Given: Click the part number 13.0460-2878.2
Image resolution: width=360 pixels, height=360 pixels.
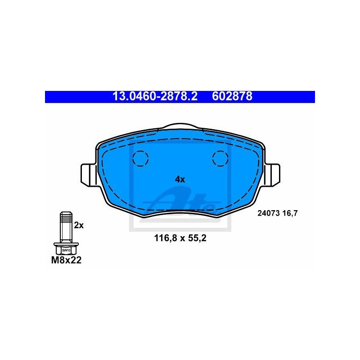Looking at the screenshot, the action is pos(155,97).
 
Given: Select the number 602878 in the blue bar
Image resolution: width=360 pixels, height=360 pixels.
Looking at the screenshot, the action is pos(232,97).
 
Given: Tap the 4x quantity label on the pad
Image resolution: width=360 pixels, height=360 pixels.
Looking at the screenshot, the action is pos(180,179).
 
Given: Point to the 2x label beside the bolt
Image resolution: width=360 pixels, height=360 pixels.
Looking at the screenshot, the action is pos(79,225).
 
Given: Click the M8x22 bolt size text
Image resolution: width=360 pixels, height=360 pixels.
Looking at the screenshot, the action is pos(66,261).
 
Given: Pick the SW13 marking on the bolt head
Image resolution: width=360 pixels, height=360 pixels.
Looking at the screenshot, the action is pos(66,250).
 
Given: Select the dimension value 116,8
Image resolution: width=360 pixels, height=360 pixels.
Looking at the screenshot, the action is pos(166,238).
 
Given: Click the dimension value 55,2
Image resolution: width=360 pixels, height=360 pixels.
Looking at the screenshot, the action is pos(198,238).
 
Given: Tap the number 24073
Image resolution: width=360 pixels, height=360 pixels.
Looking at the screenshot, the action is pos(268,213).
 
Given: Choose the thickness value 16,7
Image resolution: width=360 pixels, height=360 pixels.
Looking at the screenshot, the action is pos(290,213).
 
